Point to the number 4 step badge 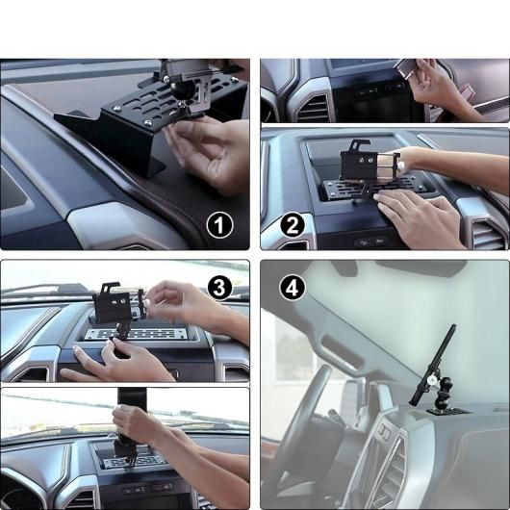[293, 286]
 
